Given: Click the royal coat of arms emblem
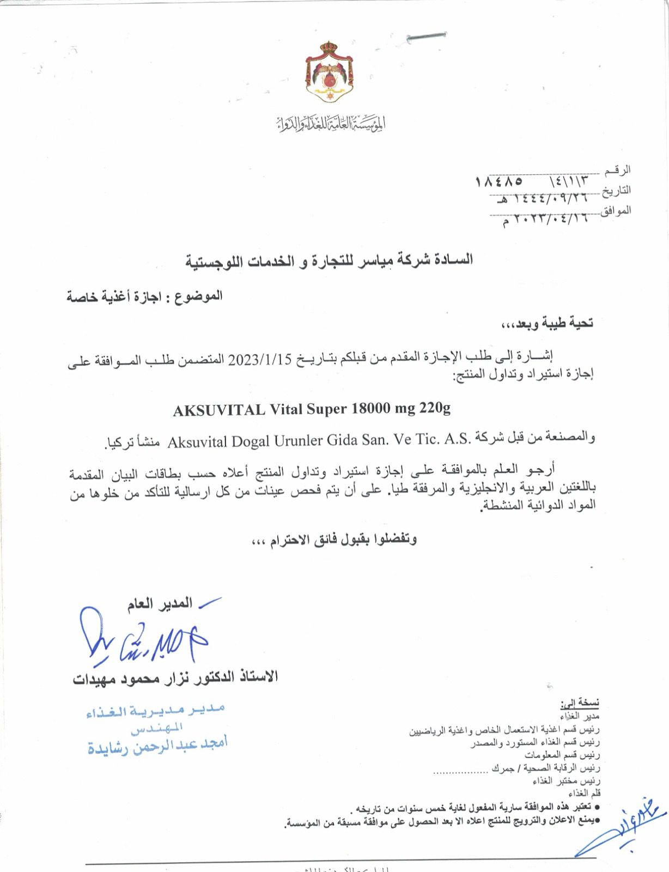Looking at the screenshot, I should [x=329, y=71].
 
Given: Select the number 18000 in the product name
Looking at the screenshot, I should [x=372, y=408].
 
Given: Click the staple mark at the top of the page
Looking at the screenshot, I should [x=427, y=37].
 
